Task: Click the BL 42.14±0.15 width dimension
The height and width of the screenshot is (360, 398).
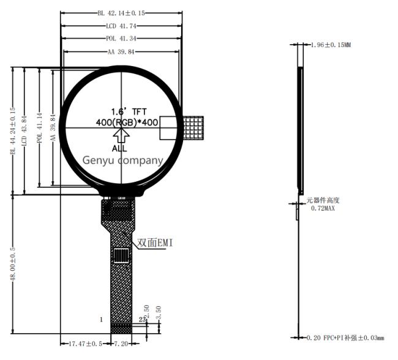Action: [x=121, y=13]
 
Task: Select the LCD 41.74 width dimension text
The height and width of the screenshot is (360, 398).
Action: [x=121, y=26]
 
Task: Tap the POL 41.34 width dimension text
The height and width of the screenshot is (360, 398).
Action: [x=121, y=39]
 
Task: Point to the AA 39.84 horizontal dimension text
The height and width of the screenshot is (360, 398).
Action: [x=121, y=52]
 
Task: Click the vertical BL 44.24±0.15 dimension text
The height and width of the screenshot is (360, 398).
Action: [x=12, y=132]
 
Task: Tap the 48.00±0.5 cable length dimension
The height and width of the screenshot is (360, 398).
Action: [x=12, y=264]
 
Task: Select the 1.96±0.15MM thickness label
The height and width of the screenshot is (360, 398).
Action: [x=331, y=45]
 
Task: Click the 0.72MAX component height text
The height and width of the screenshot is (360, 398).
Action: [x=323, y=209]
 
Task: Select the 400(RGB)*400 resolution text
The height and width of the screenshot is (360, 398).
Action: [x=127, y=122]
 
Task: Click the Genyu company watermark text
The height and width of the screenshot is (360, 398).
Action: [x=123, y=160]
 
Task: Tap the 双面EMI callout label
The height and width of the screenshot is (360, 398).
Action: [x=155, y=244]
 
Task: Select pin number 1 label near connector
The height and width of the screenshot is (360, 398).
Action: [x=101, y=320]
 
